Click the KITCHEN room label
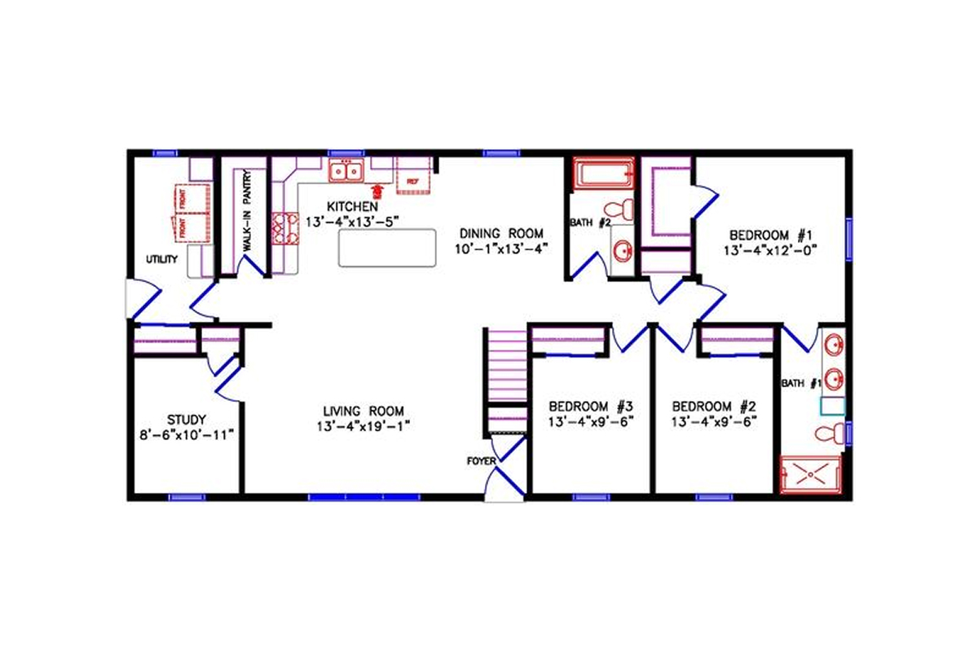(x=353, y=206)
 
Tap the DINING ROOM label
(x=500, y=233)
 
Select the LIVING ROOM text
(x=363, y=410)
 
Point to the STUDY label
(x=187, y=420)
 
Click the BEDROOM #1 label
(x=770, y=233)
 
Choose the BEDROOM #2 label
(x=708, y=406)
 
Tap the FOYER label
(x=481, y=461)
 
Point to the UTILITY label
(x=161, y=258)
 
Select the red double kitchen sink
(x=346, y=171)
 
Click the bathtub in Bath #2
(x=604, y=174)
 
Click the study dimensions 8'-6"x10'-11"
(x=187, y=434)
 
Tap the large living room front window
(x=363, y=496)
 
